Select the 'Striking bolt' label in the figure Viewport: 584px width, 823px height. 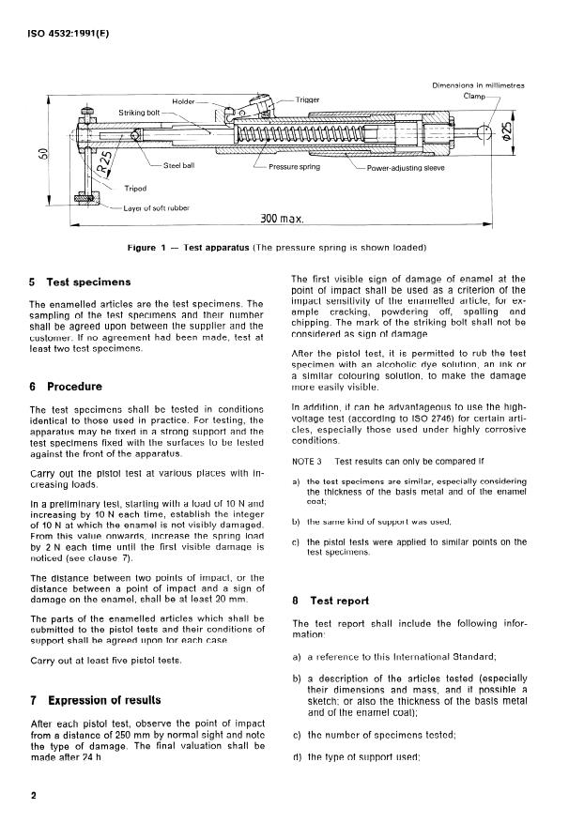tap(139, 112)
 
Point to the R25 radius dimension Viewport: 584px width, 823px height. tap(109, 151)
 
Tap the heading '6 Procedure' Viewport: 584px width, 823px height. tap(68, 387)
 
